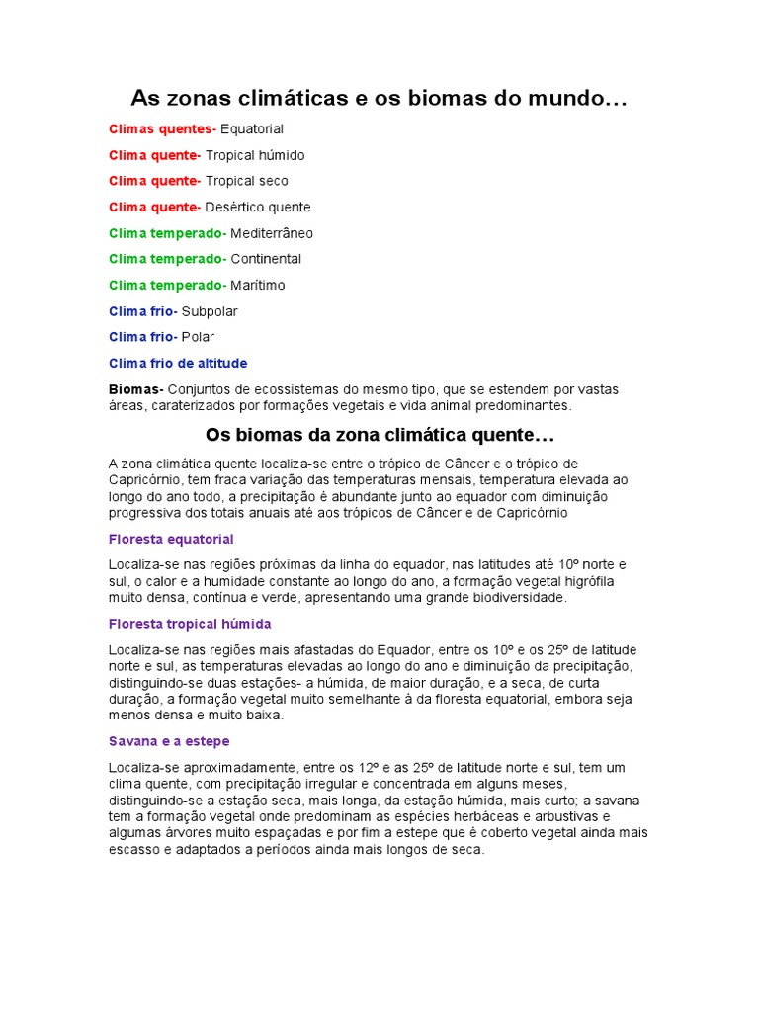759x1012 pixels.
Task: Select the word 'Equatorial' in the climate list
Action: (x=252, y=129)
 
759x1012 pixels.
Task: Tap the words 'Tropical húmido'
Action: (x=255, y=155)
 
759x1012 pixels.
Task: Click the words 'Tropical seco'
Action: (x=247, y=181)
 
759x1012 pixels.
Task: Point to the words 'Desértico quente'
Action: (x=258, y=208)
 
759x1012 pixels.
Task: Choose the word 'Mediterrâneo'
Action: (x=272, y=233)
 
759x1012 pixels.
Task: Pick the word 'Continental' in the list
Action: (x=266, y=259)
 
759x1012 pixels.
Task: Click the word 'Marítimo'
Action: (x=258, y=285)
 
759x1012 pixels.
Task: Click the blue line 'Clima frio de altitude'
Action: (x=178, y=363)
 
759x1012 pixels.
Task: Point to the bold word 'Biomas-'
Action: (x=136, y=389)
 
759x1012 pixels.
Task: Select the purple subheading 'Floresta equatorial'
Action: (x=171, y=539)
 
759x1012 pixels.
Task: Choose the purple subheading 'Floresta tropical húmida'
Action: (x=190, y=625)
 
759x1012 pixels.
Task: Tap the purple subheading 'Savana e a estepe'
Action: (x=169, y=740)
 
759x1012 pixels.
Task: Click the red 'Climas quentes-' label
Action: (x=162, y=129)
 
